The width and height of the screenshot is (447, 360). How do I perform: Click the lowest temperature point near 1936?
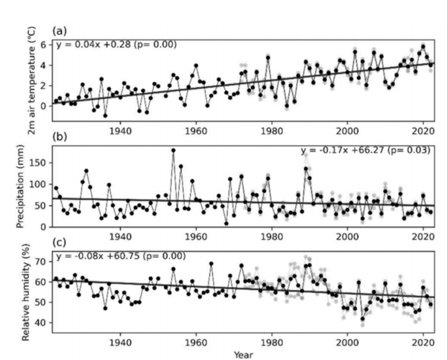105,116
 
